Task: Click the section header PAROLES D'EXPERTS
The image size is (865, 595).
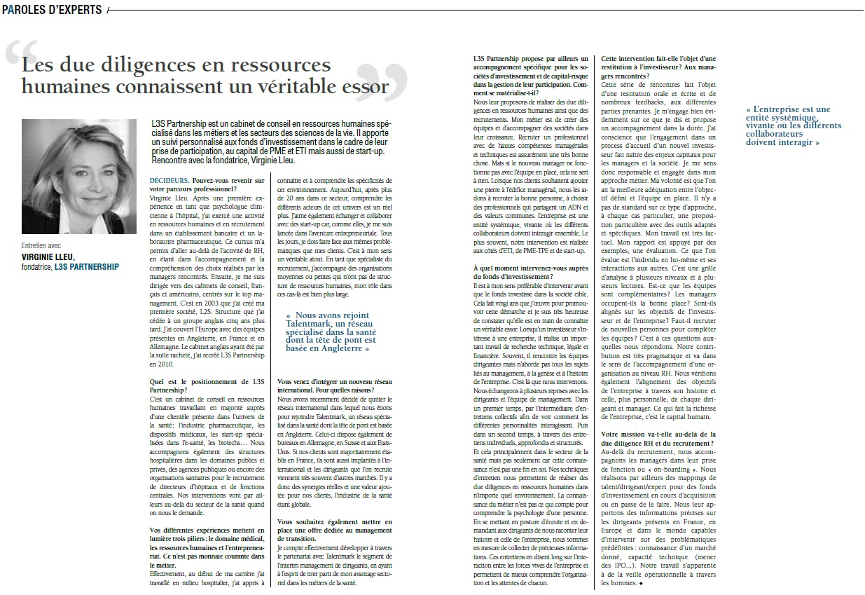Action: (52, 10)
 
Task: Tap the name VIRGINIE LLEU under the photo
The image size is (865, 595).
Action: (48, 257)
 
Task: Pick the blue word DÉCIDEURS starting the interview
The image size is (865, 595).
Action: (169, 181)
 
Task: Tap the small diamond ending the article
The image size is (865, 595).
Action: (641, 583)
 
